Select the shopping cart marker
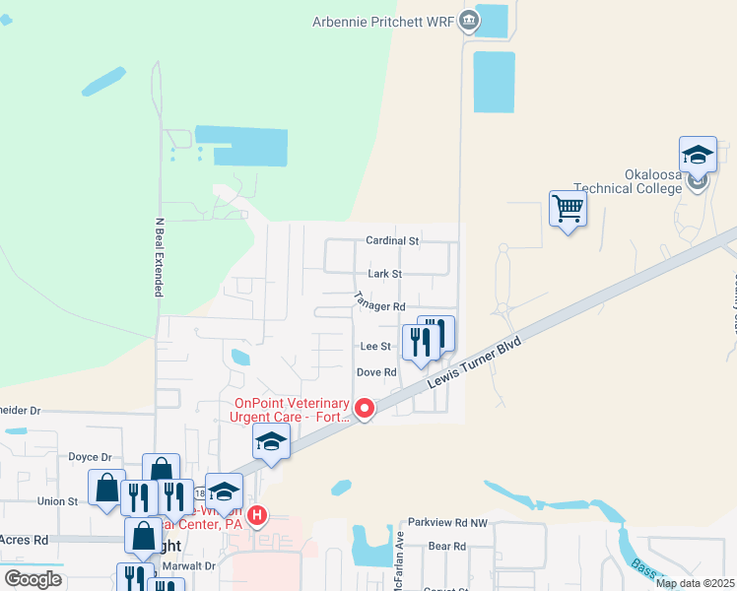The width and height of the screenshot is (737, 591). coord(568,209)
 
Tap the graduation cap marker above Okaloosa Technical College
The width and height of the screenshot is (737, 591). coord(698,155)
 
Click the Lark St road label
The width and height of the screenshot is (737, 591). coord(384,273)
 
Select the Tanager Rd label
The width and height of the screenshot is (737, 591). coord(380,307)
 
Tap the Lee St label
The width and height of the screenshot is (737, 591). coord(376,347)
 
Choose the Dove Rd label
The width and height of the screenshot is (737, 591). coord(375,372)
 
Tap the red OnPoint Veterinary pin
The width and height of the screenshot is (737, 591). coord(365,407)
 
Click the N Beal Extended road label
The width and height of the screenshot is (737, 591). coord(158,257)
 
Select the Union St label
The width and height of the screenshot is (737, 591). coord(58,501)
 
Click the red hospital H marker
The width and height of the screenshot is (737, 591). coord(257,514)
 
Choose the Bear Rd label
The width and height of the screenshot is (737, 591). coord(446,546)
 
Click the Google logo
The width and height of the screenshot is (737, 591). coord(33,579)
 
